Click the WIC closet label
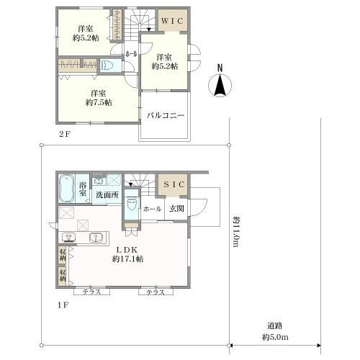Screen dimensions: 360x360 172,21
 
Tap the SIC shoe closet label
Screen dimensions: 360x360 174,184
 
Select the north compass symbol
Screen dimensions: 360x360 220,82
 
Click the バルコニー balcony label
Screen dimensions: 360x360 166,115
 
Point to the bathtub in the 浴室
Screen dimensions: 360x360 66,189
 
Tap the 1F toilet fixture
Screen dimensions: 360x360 132,204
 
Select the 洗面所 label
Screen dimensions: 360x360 107,194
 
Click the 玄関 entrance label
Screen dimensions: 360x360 176,209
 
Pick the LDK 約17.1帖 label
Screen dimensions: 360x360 127,254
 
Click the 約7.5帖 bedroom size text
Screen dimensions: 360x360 99,102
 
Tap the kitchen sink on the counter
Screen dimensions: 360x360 96,238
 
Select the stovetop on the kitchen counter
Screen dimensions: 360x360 69,238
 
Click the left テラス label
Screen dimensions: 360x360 91,292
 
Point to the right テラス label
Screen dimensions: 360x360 156,292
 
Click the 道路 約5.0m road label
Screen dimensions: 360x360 275,332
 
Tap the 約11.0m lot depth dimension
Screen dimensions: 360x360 237,231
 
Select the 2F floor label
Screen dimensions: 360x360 64,134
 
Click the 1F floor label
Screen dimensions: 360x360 63,305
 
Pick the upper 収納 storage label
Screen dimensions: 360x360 63,255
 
